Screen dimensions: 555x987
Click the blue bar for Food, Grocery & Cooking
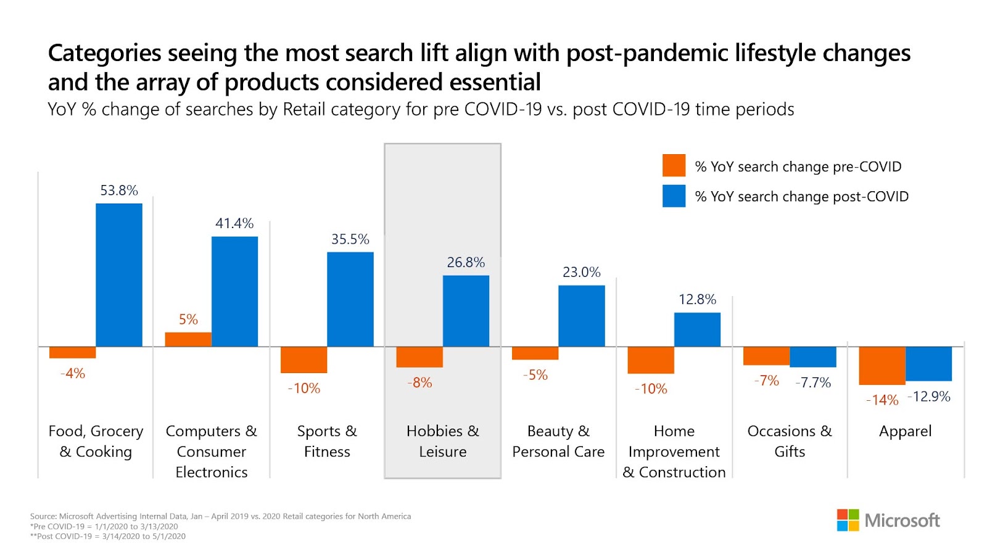point(119,275)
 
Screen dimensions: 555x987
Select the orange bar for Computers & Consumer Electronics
point(188,339)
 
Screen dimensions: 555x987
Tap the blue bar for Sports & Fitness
point(350,299)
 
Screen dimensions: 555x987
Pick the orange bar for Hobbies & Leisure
point(419,357)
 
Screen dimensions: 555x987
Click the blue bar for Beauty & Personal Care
point(582,316)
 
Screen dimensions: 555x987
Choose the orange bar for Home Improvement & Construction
point(651,360)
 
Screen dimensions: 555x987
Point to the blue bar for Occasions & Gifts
point(813,356)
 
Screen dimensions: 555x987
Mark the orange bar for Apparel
point(882,366)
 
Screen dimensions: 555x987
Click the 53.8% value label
point(119,191)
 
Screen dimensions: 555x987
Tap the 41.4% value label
point(234,223)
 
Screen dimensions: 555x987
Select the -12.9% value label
point(929,397)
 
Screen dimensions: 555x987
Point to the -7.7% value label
point(813,383)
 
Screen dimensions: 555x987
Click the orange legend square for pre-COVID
point(674,165)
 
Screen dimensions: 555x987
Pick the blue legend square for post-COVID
point(674,196)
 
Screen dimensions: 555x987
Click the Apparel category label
point(905,431)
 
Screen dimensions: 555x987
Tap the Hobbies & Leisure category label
point(442,441)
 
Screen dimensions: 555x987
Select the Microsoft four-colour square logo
point(848,520)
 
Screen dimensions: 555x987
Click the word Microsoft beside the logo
point(902,520)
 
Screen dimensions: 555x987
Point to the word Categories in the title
point(104,54)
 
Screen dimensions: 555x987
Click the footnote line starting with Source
point(220,516)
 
